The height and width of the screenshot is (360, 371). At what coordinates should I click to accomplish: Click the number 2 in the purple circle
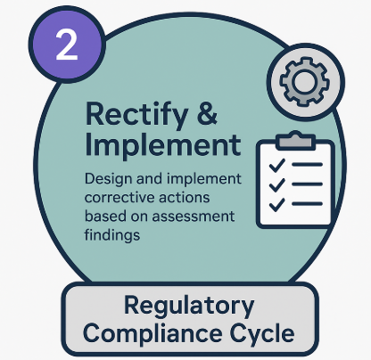click(x=67, y=45)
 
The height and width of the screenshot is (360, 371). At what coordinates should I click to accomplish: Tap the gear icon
click(x=305, y=81)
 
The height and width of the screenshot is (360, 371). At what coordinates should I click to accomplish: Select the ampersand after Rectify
click(x=207, y=113)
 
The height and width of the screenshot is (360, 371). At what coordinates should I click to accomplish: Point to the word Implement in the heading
click(x=163, y=145)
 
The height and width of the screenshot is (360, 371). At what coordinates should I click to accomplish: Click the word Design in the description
click(x=109, y=179)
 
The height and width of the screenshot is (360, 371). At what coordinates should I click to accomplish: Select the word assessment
click(x=194, y=217)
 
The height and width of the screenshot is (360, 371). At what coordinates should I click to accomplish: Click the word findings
click(x=112, y=235)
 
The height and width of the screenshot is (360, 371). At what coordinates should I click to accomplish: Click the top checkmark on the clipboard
click(x=276, y=165)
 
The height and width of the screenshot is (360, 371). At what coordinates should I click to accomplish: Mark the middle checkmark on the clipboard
click(x=276, y=184)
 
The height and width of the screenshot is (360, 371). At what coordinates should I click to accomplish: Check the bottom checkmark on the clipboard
click(x=276, y=204)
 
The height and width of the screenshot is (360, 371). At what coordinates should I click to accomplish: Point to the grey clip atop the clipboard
click(x=295, y=140)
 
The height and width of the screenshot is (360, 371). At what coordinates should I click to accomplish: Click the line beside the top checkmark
click(x=307, y=165)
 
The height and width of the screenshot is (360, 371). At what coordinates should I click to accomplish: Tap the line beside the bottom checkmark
click(x=307, y=204)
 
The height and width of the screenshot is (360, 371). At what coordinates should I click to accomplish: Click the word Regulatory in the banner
click(x=189, y=307)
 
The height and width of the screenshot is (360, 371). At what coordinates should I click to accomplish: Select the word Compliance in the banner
click(x=153, y=334)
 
